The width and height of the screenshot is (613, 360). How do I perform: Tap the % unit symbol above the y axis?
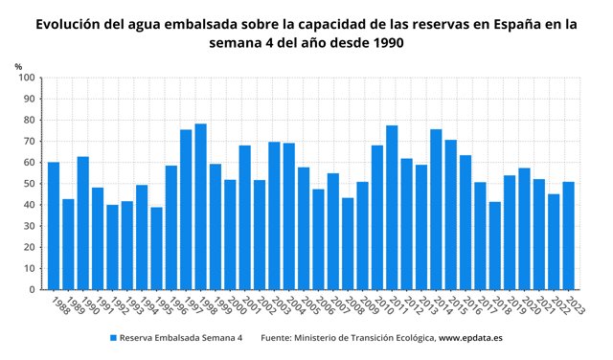19,65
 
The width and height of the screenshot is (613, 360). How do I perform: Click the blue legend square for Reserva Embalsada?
112,338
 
